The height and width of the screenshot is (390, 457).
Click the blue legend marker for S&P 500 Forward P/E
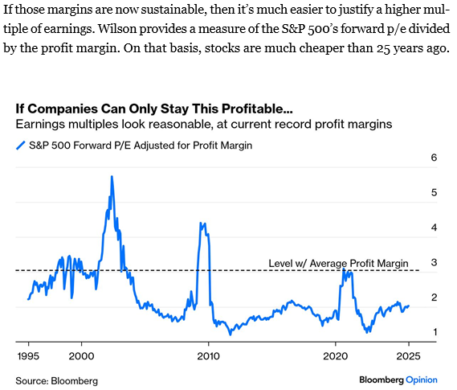[x=19, y=146]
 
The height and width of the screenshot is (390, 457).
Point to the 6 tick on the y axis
[x=433, y=158]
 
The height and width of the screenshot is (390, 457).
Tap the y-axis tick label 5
[x=433, y=193]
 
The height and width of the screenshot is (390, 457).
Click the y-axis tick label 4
[x=433, y=228]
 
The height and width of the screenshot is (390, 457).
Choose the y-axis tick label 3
[x=433, y=263]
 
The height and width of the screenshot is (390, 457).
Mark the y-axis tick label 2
[x=433, y=298]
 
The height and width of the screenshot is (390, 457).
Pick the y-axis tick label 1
[x=433, y=332]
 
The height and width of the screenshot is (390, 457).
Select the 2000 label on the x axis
[x=81, y=355]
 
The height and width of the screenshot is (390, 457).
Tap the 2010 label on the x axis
[x=208, y=355]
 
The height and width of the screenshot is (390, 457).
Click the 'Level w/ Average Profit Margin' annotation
[x=338, y=263]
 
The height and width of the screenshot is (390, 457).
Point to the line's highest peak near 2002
[x=112, y=176]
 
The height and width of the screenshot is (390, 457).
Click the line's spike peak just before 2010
[x=201, y=223]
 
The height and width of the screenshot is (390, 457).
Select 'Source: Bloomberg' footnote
[x=53, y=378]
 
